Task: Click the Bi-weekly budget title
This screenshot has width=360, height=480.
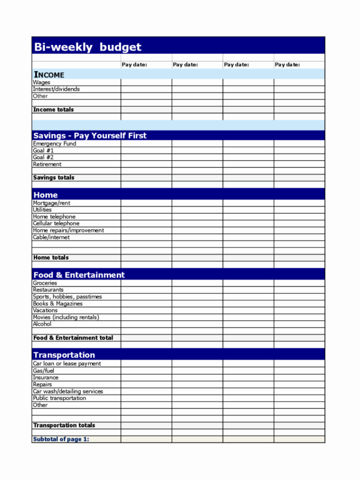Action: [87, 47]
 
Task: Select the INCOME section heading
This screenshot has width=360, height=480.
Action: [48, 75]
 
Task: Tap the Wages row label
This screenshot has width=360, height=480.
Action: [42, 83]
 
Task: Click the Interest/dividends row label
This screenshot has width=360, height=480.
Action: [56, 90]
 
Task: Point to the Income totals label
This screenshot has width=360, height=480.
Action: [53, 110]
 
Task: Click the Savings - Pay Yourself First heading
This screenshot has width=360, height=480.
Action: [90, 136]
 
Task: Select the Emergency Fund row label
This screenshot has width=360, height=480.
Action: [54, 144]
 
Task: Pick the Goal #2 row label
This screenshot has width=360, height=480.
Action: [44, 157]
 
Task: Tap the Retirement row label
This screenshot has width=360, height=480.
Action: [47, 164]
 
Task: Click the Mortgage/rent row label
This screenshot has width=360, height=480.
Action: [51, 203]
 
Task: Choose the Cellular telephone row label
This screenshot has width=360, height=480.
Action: [56, 224]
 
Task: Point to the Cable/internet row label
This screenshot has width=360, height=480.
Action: [51, 238]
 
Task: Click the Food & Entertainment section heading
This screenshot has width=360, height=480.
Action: [79, 275]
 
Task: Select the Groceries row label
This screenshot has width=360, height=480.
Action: [45, 283]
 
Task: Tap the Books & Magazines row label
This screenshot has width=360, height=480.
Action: [57, 304]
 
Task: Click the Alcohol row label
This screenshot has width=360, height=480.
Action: [42, 324]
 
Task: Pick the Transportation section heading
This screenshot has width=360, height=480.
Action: [64, 355]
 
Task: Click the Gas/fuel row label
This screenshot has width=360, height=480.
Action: [44, 371]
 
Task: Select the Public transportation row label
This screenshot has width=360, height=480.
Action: [59, 398]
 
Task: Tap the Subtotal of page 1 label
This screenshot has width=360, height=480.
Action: [61, 439]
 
